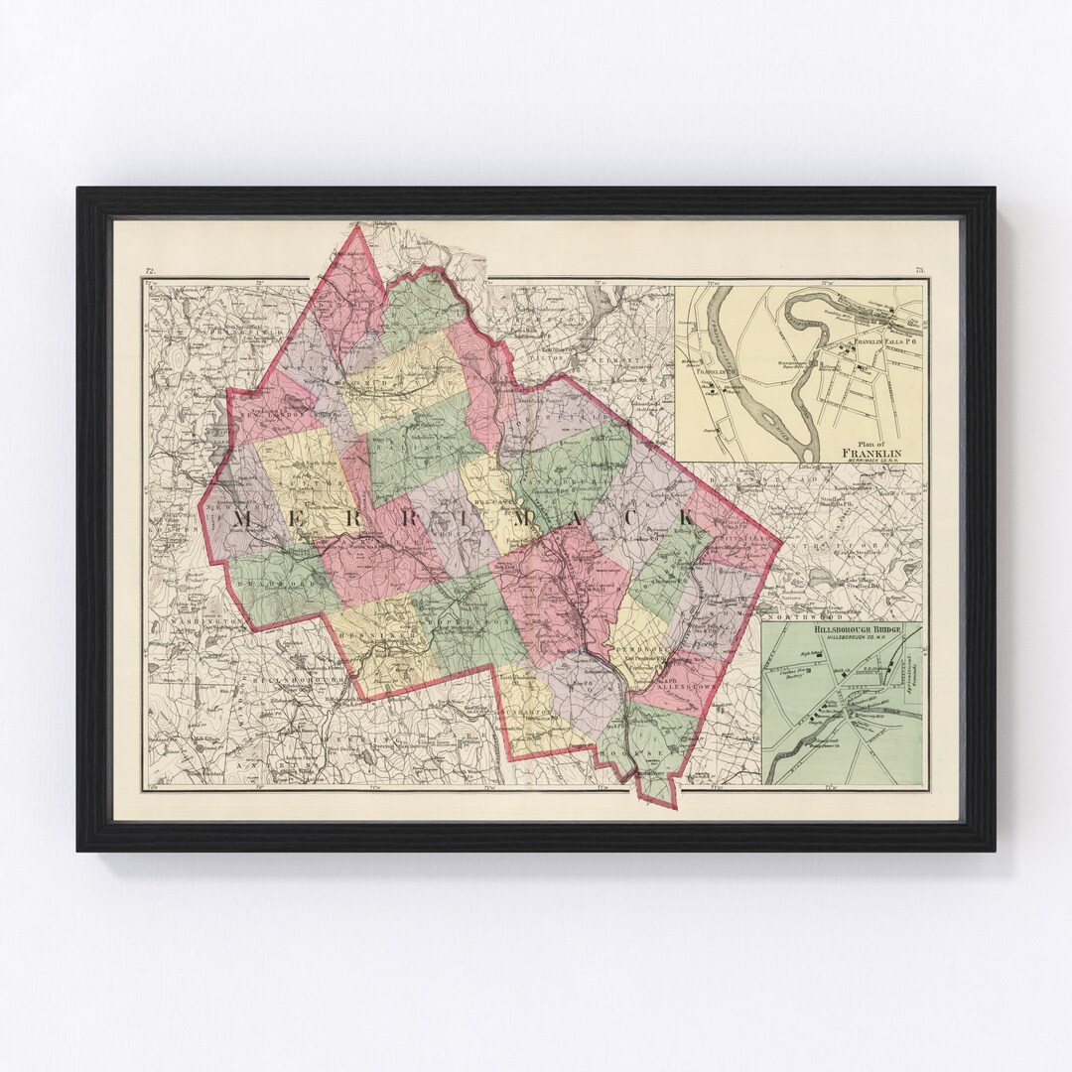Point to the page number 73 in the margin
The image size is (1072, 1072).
point(920,271)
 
